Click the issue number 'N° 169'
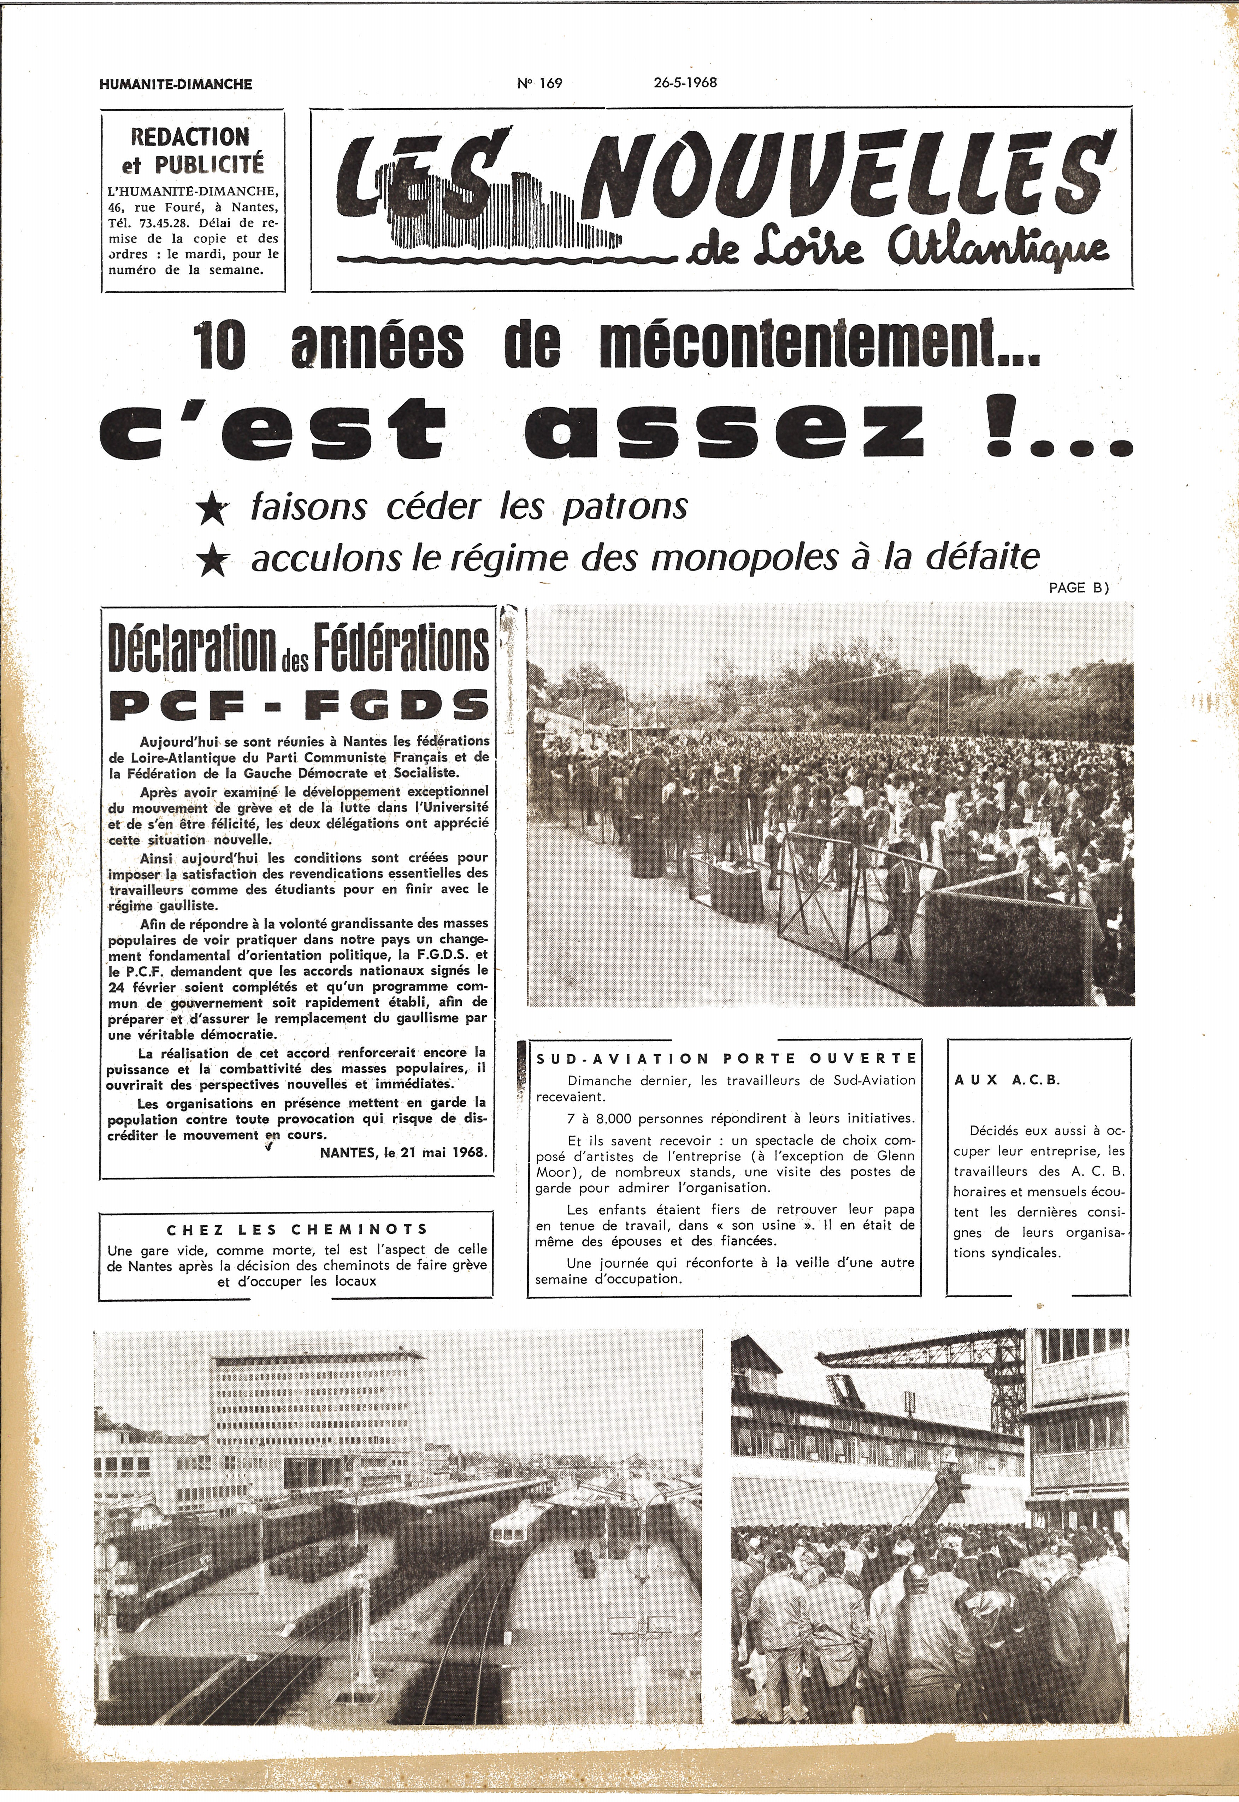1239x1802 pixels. (539, 84)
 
